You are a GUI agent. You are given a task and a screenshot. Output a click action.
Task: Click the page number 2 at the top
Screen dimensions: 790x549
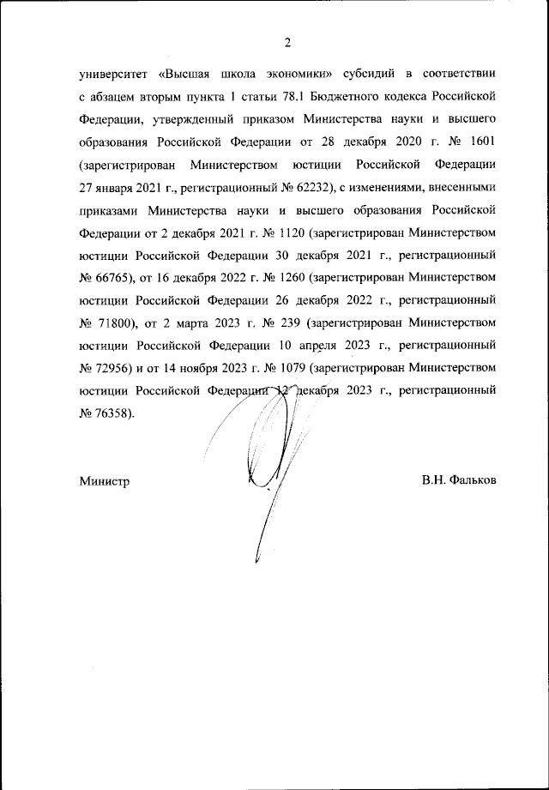288,43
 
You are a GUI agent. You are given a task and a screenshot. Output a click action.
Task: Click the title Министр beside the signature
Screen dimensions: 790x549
104,481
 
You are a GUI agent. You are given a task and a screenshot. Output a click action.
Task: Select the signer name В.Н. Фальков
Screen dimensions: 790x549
458,481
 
